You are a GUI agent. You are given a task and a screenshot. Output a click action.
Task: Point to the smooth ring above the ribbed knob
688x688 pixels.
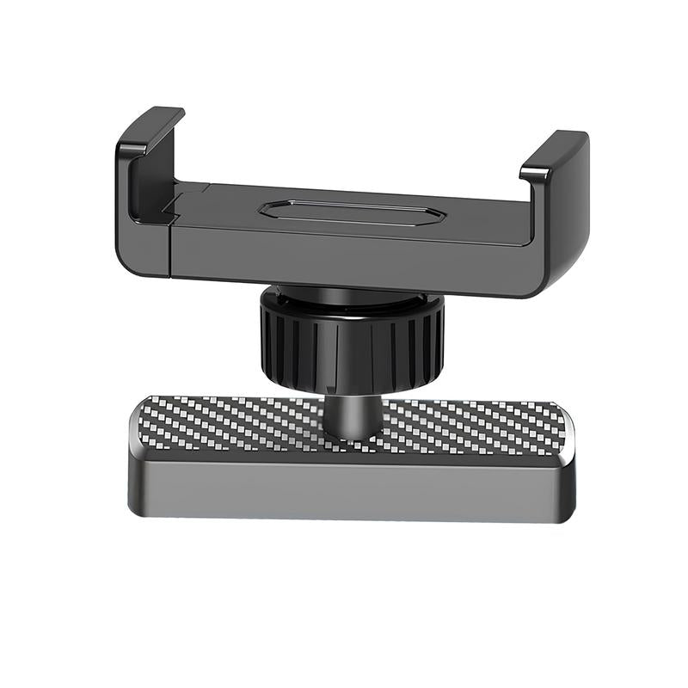point(351,303)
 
